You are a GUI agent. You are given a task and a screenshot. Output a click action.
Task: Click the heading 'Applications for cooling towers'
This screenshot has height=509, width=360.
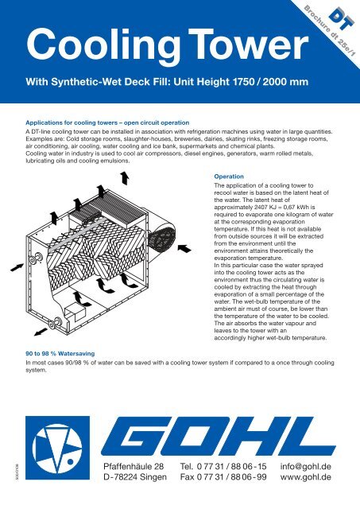(107, 124)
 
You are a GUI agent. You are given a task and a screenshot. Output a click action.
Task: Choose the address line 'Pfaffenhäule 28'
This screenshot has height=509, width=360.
(125, 464)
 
